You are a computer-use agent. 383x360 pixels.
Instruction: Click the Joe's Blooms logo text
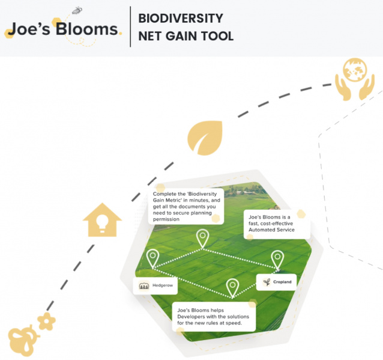62,29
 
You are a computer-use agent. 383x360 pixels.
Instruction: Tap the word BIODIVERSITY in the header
180,18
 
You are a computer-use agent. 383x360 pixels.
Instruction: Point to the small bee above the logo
77,10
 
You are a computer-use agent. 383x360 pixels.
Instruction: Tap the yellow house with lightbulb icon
102,220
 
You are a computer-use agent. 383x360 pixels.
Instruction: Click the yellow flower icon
46,321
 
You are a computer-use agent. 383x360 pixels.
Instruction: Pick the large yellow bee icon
22,340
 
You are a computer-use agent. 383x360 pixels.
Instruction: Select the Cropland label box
276,282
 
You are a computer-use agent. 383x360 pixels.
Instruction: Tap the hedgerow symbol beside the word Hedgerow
144,286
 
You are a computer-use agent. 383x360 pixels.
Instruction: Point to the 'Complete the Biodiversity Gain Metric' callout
186,207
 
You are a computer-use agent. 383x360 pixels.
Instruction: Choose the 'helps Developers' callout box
214,317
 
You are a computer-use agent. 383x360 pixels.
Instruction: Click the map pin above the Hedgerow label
152,258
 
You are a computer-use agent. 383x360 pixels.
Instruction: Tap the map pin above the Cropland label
277,258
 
